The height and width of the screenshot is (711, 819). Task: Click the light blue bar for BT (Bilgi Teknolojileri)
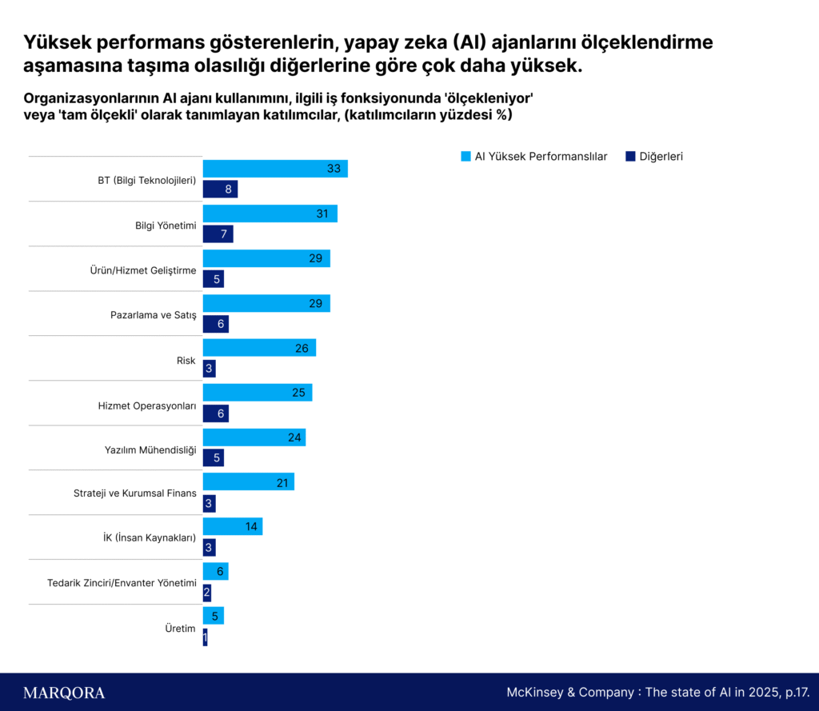274,169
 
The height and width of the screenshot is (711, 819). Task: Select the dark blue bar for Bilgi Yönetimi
218,234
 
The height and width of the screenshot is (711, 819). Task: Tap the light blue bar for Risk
259,348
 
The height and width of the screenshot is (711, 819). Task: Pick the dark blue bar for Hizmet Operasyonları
215,413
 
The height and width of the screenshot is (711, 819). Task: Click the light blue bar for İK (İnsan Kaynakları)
232,526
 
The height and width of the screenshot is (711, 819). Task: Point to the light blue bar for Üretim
213,616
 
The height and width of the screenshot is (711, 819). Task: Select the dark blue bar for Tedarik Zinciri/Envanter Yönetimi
206,593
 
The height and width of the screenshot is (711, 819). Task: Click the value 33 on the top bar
334,169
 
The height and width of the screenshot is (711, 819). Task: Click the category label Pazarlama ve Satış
153,315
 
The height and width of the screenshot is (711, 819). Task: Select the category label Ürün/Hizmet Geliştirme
143,270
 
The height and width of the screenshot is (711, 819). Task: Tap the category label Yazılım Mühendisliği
150,450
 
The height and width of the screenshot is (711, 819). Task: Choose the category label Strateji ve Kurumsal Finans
135,493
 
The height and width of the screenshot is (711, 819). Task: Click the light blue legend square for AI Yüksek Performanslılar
465,156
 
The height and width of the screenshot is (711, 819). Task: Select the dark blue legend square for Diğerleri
630,156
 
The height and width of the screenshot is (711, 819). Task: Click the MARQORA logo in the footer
64,693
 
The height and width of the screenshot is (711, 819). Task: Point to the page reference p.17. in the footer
797,693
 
